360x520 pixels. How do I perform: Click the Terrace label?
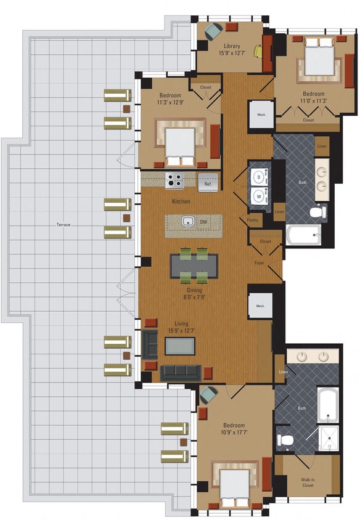pyautogui.click(x=61, y=225)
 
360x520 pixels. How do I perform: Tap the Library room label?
pyautogui.click(x=231, y=49)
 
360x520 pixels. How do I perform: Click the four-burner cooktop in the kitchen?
pyautogui.click(x=174, y=181)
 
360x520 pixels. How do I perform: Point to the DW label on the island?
pyautogui.click(x=203, y=221)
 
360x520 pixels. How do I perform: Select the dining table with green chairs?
pyautogui.click(x=194, y=266)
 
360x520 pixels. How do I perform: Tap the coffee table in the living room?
pyautogui.click(x=179, y=346)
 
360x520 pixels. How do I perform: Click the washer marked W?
pyautogui.click(x=258, y=197)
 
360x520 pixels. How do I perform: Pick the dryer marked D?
pyautogui.click(x=258, y=175)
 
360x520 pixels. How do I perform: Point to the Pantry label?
pyautogui.click(x=253, y=219)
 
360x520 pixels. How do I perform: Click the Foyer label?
pyautogui.click(x=260, y=263)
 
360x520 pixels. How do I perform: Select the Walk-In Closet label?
pyautogui.click(x=307, y=481)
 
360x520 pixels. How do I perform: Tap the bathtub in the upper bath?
pyautogui.click(x=303, y=235)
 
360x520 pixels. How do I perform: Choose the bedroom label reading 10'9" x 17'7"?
pyautogui.click(x=234, y=429)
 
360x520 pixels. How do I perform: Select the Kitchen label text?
pyautogui.click(x=181, y=201)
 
